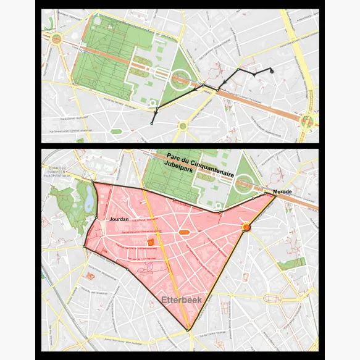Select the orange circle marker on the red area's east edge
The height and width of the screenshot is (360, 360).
click(x=246, y=228)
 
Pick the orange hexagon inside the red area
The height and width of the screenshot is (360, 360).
click(x=183, y=232)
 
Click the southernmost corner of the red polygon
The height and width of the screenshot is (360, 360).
click(x=188, y=331)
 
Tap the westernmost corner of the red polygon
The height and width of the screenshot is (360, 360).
click(x=83, y=248)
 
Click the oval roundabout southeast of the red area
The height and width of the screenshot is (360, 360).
click(x=273, y=299)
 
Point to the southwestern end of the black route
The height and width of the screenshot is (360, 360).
click(x=151, y=123)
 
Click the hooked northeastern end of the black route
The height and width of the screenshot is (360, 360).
click(x=272, y=72)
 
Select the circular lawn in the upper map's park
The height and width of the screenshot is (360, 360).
click(x=180, y=79)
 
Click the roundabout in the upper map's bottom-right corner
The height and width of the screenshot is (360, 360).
click(x=306, y=120)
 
